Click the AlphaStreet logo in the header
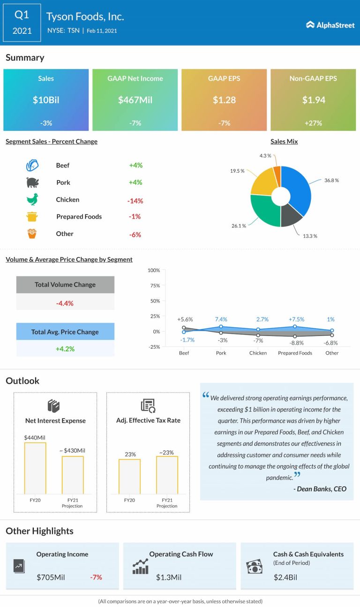point(330,25)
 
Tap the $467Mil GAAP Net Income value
point(135,100)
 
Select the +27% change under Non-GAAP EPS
point(313,123)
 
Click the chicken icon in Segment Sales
point(32,199)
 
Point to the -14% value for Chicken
point(135,201)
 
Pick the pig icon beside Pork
point(32,182)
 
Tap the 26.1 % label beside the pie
point(239,226)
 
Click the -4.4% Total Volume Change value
point(65,303)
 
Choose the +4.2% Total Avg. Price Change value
point(65,349)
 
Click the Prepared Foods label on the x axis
point(295,353)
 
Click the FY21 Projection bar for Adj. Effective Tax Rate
point(167,475)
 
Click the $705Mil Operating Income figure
point(51,577)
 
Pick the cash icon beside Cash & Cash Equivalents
point(255,566)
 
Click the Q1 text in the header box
point(22,15)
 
